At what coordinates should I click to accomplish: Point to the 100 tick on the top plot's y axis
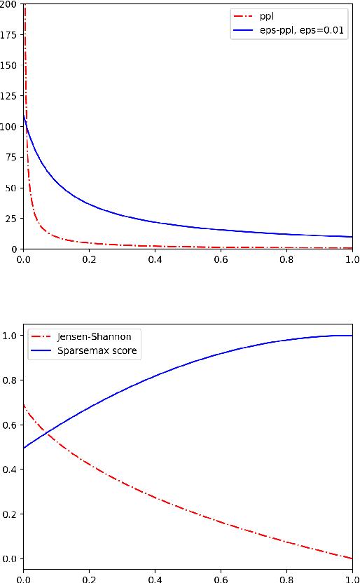[9, 127]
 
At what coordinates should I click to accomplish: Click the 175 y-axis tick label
[9, 35]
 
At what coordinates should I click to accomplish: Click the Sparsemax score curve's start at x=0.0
[24, 448]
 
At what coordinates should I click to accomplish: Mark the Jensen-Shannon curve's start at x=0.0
[24, 404]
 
